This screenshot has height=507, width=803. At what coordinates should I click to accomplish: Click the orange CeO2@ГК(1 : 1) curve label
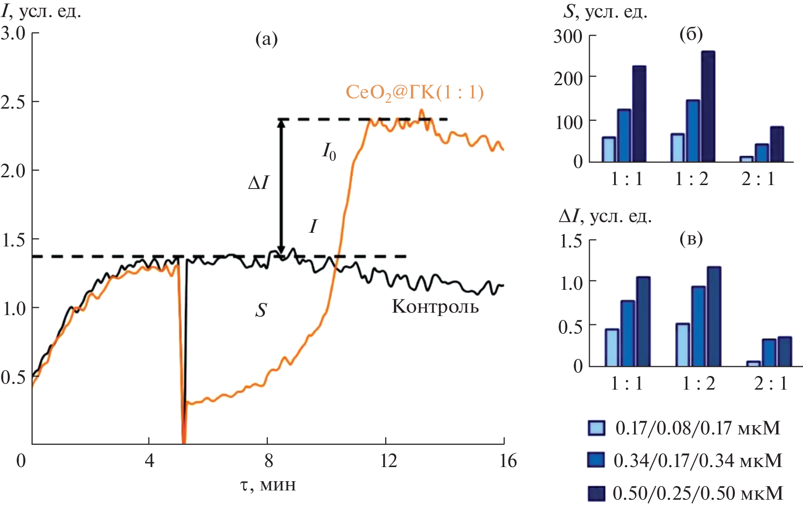point(414,92)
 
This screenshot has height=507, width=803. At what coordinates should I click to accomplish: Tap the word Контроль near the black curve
point(435,307)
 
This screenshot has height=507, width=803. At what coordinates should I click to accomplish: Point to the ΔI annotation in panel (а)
point(258,183)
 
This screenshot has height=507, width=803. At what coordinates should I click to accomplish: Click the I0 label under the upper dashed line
point(329,151)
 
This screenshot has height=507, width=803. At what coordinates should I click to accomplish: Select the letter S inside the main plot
point(261,310)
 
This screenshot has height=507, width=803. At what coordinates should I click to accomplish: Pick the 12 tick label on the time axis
point(388,460)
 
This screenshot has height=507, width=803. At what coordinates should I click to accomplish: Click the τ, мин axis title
point(268,485)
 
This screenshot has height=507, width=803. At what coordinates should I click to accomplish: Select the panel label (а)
point(266,39)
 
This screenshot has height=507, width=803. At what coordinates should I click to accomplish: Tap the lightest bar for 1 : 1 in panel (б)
point(609,149)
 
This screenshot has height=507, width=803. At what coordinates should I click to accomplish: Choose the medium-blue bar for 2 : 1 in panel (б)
point(762,152)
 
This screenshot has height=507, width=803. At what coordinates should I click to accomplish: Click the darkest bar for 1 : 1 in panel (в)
point(643,321)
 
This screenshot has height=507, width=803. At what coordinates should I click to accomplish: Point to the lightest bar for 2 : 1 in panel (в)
point(753,363)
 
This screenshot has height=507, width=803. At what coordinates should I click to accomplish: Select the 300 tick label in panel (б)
point(568,37)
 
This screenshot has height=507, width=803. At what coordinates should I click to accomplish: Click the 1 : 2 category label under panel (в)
point(698,384)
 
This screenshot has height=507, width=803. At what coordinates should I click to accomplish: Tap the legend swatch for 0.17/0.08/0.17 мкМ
point(597,428)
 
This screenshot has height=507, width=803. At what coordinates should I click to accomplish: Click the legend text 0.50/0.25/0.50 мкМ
point(698,493)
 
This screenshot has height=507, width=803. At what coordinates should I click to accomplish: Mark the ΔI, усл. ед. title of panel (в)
point(605,216)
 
